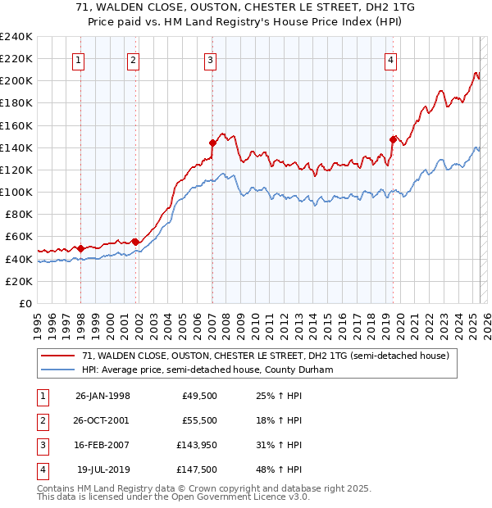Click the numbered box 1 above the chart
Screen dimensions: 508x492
tap(78, 59)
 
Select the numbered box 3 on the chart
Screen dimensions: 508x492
tap(210, 59)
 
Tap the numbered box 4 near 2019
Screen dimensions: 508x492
tap(391, 59)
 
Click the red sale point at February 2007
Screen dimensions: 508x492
tap(212, 143)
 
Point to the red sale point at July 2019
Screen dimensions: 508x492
tap(393, 139)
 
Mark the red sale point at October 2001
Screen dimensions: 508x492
tap(135, 242)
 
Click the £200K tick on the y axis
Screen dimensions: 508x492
tap(16, 81)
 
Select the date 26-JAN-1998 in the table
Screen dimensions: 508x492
tap(102, 395)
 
